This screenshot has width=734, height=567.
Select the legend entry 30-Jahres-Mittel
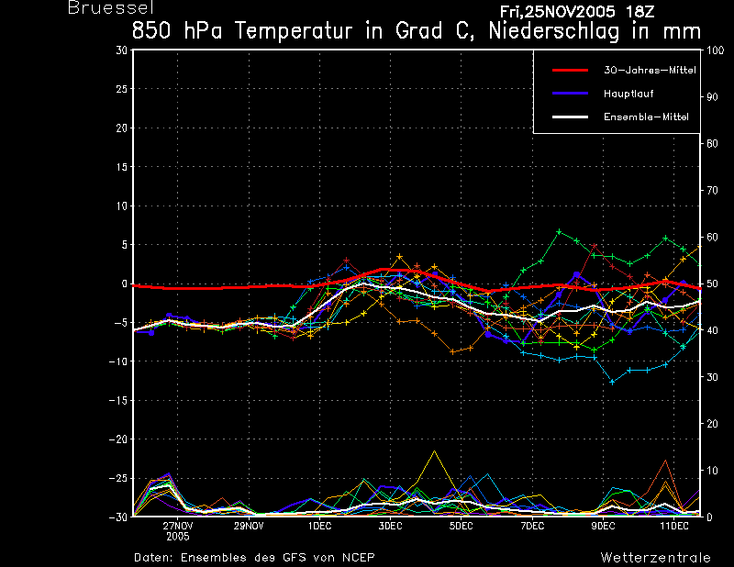[x=642, y=70]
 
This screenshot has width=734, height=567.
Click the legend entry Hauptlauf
[x=628, y=94]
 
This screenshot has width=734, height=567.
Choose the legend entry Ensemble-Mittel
[x=646, y=117]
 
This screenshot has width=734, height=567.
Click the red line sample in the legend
[x=569, y=70]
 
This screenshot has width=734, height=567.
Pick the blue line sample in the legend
[x=569, y=94]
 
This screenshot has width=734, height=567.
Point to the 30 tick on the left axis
[x=122, y=50]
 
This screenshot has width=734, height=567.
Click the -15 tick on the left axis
[x=119, y=401]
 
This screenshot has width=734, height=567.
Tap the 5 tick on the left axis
[x=125, y=245]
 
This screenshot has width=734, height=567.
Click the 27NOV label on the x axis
[x=178, y=527]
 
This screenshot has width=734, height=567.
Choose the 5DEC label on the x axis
[x=462, y=527]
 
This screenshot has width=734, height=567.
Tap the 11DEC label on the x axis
[x=674, y=527]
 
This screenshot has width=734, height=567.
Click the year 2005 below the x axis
[x=178, y=538]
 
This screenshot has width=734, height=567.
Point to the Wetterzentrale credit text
[x=655, y=558]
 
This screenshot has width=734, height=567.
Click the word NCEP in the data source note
[x=358, y=558]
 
